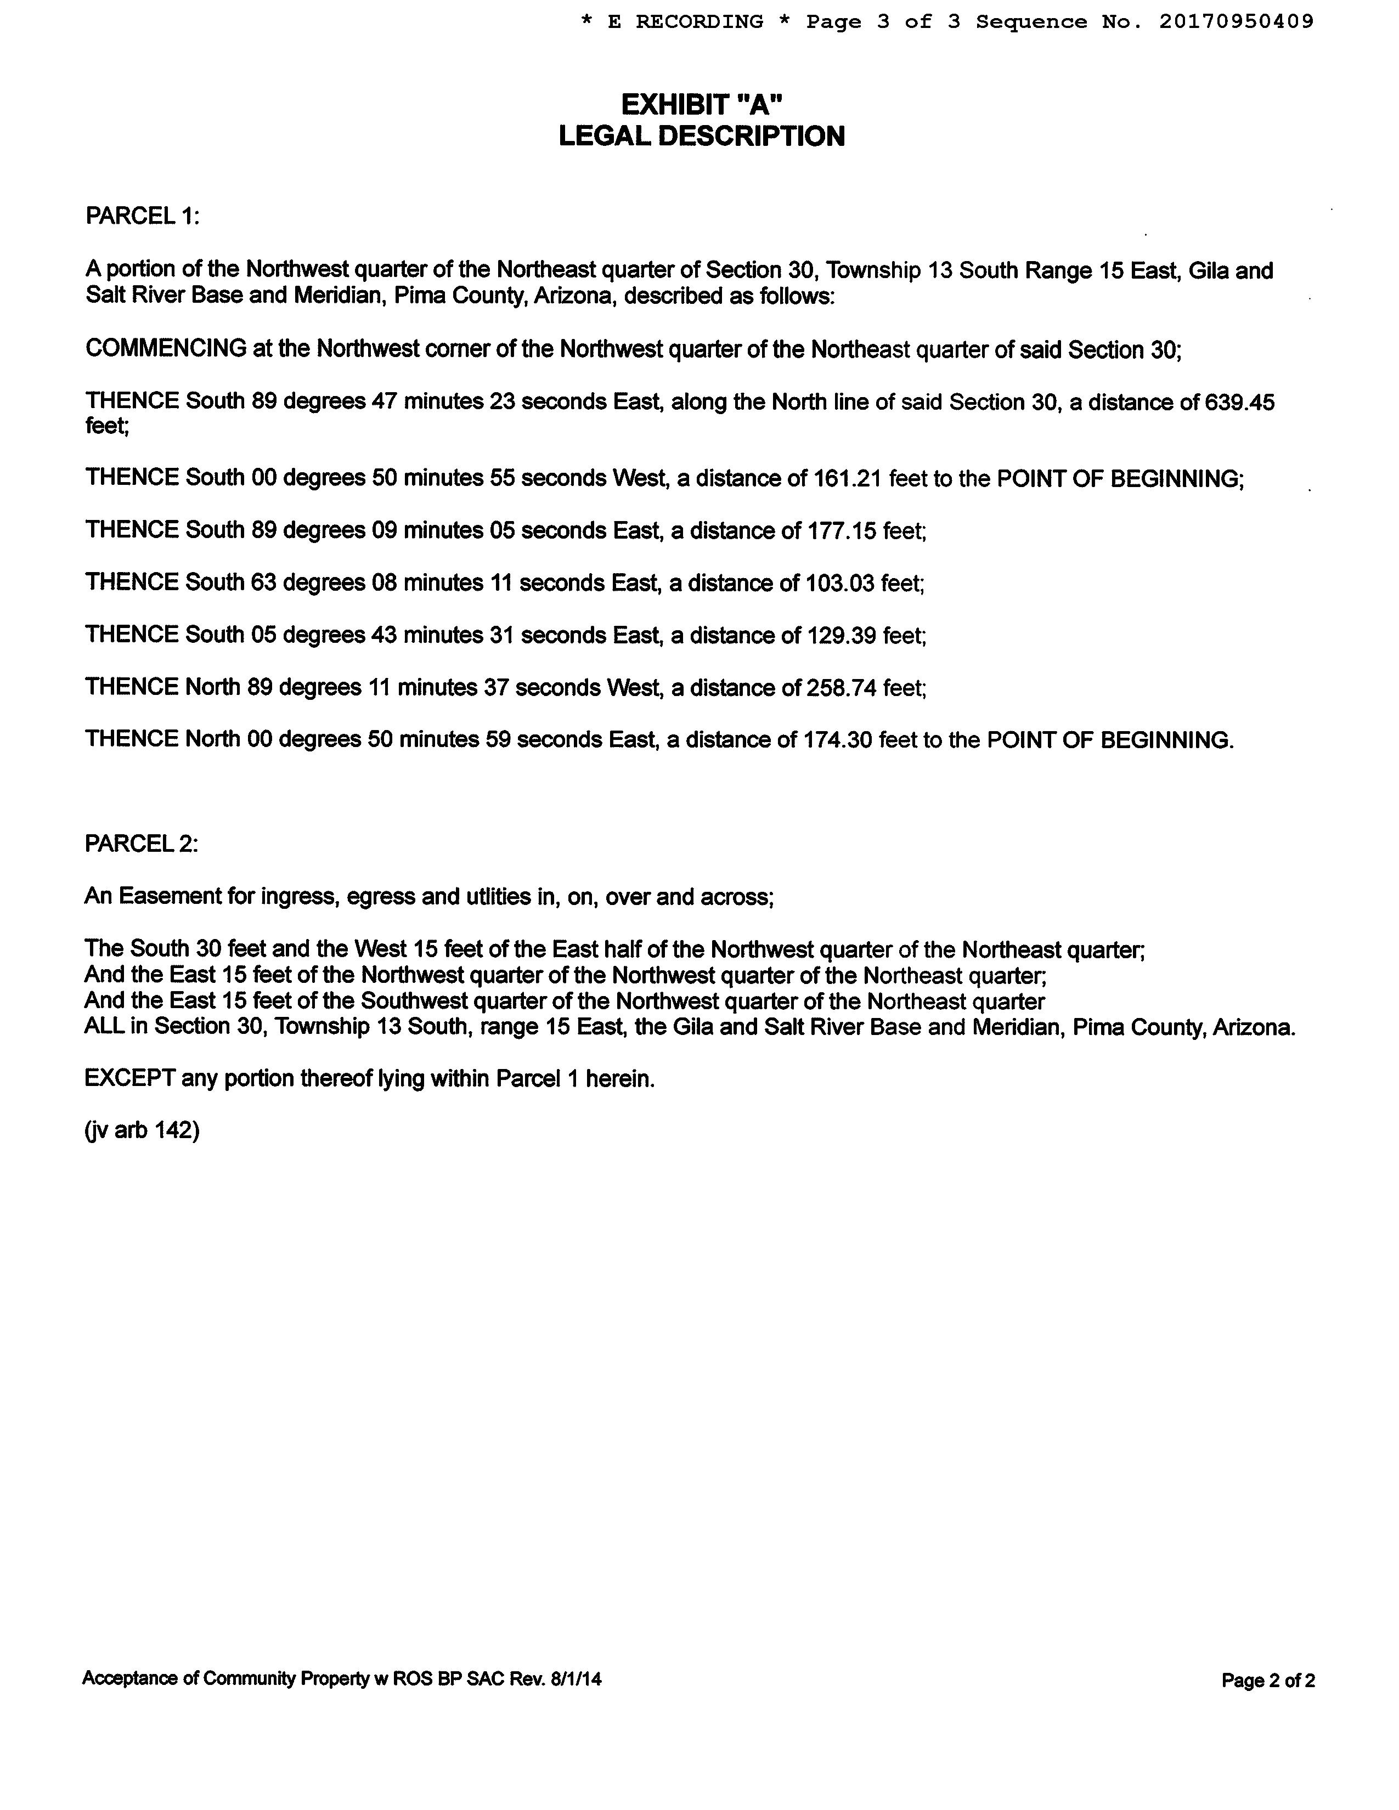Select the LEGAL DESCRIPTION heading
click(x=702, y=137)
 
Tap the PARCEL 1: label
click(x=143, y=216)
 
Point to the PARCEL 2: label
click(x=142, y=844)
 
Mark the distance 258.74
click(x=841, y=688)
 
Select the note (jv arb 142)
click(x=142, y=1131)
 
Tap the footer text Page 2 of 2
click(x=1268, y=1681)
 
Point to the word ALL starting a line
click(x=104, y=1027)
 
